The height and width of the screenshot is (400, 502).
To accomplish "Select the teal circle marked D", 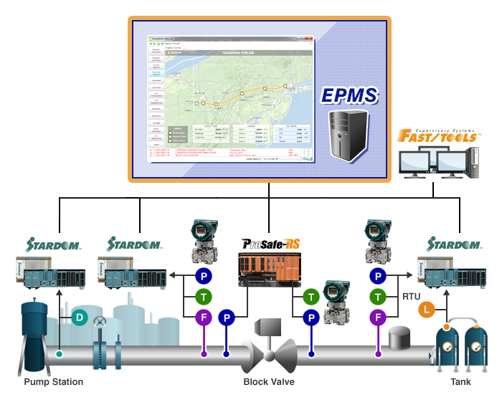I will coord(80,316).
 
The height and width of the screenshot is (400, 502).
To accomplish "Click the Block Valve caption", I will coord(268,382).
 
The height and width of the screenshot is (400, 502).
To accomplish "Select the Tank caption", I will coord(460,382).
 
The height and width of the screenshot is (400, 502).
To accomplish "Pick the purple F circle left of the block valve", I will coord(204,316).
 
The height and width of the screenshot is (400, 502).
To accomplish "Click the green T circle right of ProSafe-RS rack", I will coord(311,295).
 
